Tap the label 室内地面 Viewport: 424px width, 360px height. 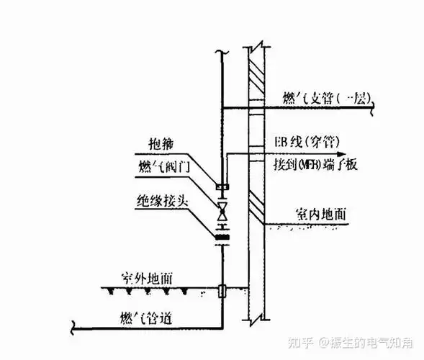(320, 214)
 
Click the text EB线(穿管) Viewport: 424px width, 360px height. (305, 140)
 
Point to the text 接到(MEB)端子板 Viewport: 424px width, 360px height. (316, 165)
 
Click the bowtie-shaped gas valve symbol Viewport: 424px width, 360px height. (222, 212)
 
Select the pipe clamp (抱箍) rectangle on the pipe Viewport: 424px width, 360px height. (222, 189)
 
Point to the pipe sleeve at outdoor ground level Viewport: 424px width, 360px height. (222, 292)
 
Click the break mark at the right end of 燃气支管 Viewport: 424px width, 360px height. (371, 109)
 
